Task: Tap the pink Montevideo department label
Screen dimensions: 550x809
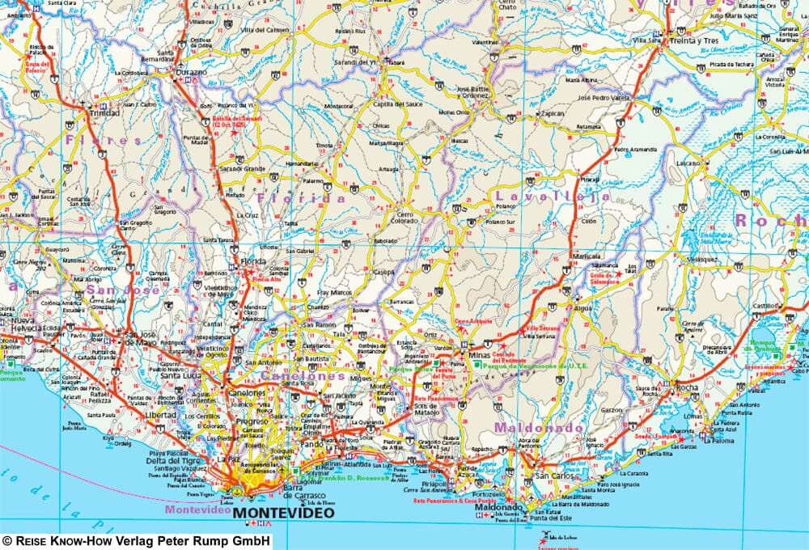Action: pos(199,510)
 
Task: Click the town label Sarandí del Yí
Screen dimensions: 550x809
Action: pos(357,61)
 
